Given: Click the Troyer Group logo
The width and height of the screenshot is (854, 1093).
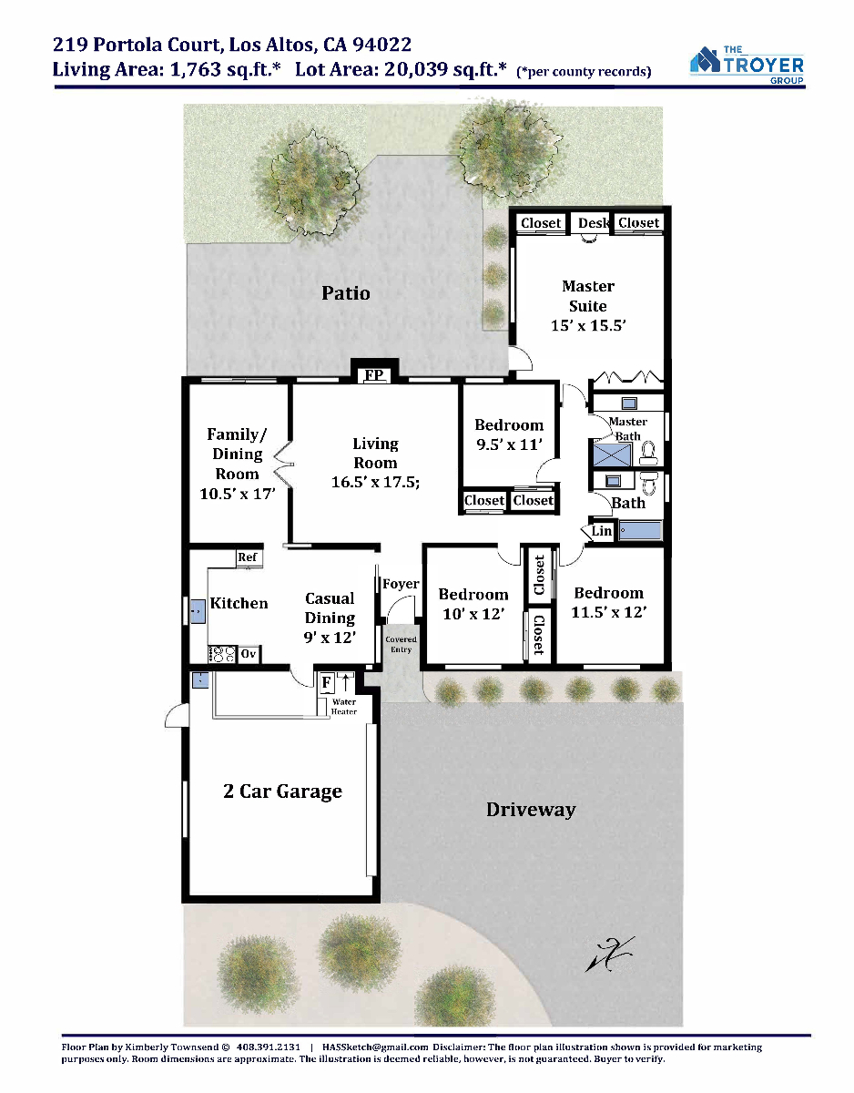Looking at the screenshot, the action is click(747, 65).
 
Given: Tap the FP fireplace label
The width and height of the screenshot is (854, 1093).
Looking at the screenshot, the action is click(374, 375).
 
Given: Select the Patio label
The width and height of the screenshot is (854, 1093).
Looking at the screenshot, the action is click(346, 293).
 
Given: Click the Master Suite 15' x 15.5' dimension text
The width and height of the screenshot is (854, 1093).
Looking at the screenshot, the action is click(588, 325).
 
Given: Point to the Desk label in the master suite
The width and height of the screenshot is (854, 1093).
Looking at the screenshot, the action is click(594, 223).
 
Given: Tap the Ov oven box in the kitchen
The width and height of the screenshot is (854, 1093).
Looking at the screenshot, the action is click(249, 654).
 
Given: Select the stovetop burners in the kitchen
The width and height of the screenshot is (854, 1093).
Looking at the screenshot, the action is click(221, 654).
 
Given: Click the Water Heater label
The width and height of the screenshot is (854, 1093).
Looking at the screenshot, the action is click(344, 707).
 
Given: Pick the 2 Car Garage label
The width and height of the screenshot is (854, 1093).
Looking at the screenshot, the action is click(282, 792).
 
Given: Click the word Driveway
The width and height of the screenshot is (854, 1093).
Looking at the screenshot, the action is click(531, 810).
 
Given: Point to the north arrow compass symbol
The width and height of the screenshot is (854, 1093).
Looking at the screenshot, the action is click(610, 955).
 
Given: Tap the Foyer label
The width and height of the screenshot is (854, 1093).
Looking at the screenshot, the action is click(401, 584).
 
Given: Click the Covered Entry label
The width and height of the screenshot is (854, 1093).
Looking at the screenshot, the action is click(402, 644).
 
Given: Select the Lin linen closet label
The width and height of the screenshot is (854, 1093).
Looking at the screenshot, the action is click(602, 531).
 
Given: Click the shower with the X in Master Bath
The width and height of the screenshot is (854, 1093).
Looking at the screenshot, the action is click(612, 455).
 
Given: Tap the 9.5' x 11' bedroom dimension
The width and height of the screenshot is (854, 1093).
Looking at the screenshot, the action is click(509, 444).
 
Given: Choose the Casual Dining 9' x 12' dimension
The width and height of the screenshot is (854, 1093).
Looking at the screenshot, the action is click(330, 638).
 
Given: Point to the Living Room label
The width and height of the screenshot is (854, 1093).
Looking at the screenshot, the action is click(375, 454).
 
